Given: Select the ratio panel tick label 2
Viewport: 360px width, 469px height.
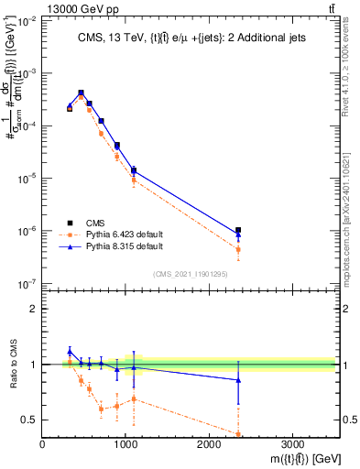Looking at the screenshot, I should coord(34,309).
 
